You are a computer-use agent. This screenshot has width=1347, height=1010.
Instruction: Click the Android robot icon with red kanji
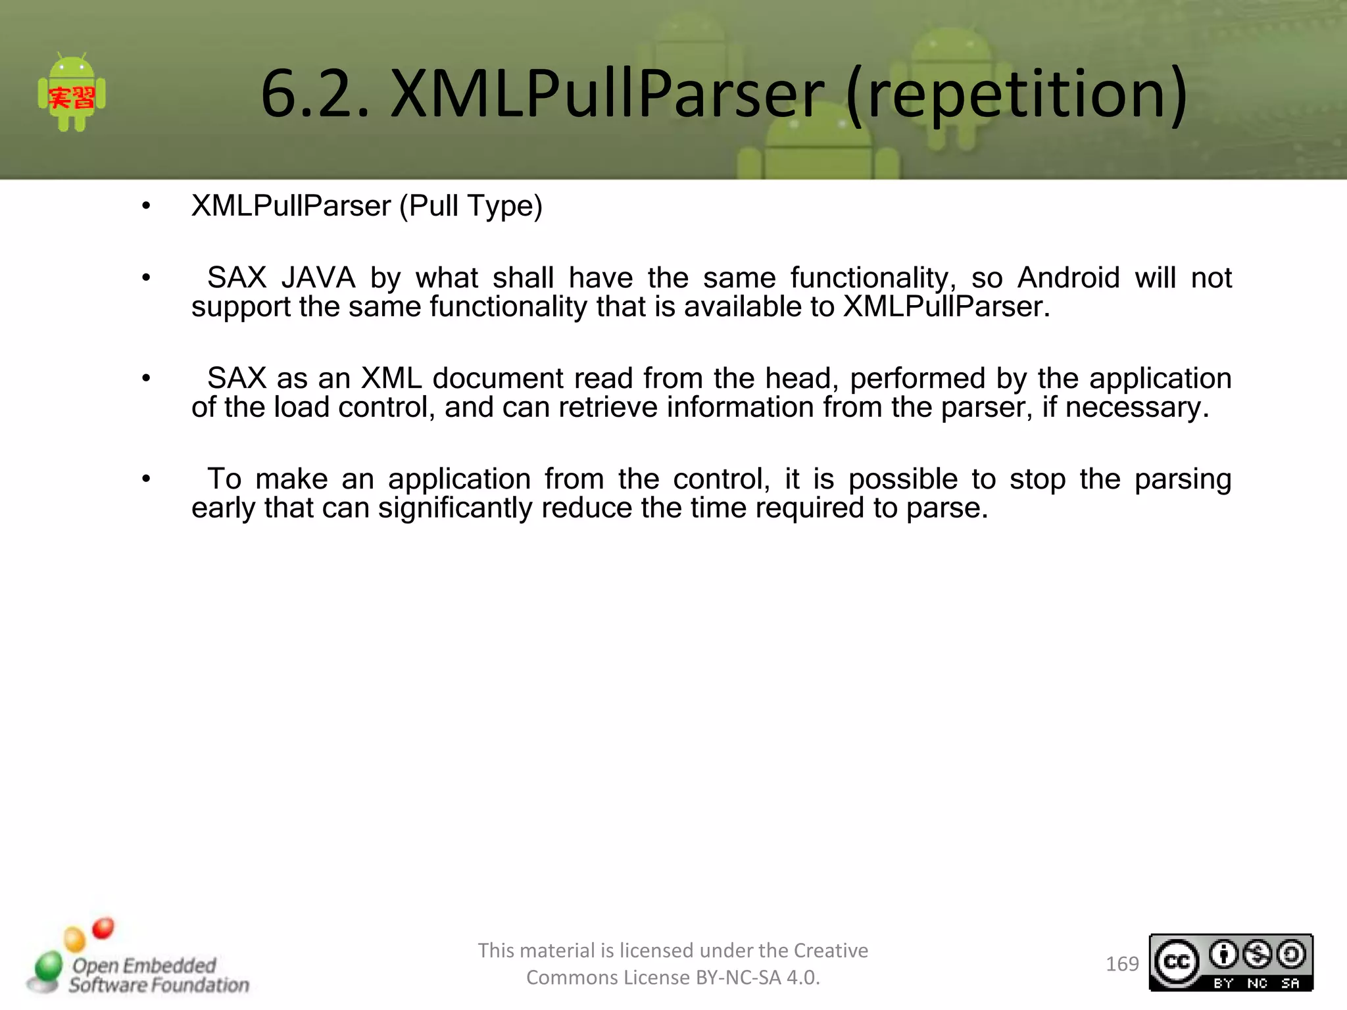(72, 93)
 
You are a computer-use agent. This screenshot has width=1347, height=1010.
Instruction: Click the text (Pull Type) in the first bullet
(471, 206)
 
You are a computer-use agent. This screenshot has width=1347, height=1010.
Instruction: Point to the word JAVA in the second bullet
(318, 277)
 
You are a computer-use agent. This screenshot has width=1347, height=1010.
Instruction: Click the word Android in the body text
(1068, 277)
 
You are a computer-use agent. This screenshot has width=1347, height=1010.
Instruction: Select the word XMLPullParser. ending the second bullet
(946, 307)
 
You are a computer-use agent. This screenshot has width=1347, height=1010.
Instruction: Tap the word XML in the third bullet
(391, 378)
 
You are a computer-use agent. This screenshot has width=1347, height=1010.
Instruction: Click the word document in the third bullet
(498, 378)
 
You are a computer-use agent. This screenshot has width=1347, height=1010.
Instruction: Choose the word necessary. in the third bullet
(1137, 408)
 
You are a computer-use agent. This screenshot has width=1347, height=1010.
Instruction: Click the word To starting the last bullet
(224, 479)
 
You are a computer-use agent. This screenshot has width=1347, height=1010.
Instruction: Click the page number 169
(1122, 964)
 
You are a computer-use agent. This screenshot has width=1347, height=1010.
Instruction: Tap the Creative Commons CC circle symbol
(1177, 963)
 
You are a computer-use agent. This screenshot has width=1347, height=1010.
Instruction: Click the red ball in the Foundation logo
(103, 928)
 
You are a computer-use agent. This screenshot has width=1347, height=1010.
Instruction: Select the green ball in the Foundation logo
(48, 967)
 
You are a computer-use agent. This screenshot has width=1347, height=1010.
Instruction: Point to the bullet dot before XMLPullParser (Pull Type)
(146, 206)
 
